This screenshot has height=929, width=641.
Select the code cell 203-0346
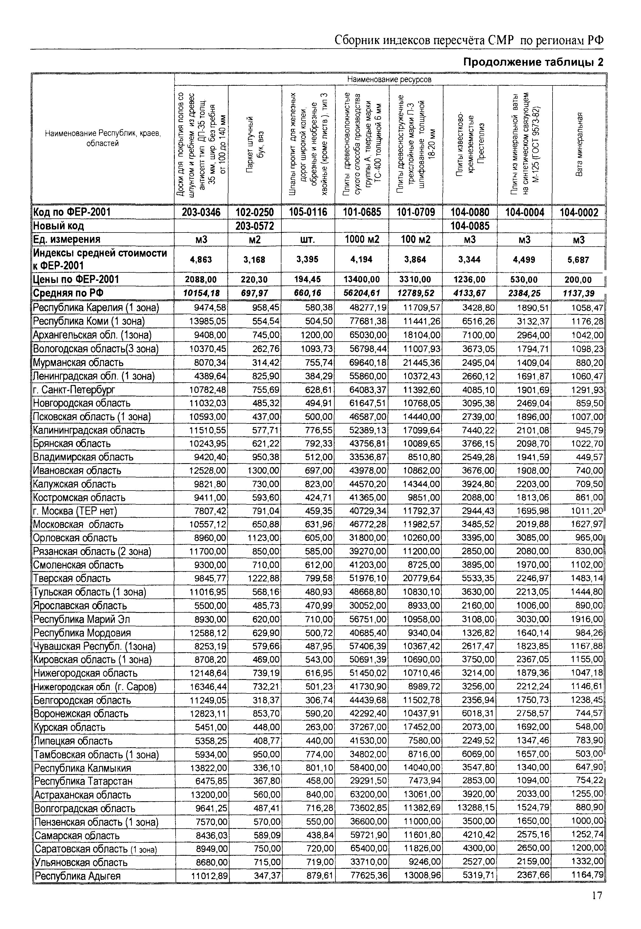point(201,212)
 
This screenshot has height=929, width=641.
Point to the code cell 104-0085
point(470,226)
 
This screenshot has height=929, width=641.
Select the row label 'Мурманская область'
point(78,362)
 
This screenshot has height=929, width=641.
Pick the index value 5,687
point(578,260)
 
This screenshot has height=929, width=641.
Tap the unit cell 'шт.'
point(308,240)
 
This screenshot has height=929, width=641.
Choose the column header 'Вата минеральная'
point(579,145)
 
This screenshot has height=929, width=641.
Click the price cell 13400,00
point(362,279)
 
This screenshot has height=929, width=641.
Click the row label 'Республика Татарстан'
point(83,781)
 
